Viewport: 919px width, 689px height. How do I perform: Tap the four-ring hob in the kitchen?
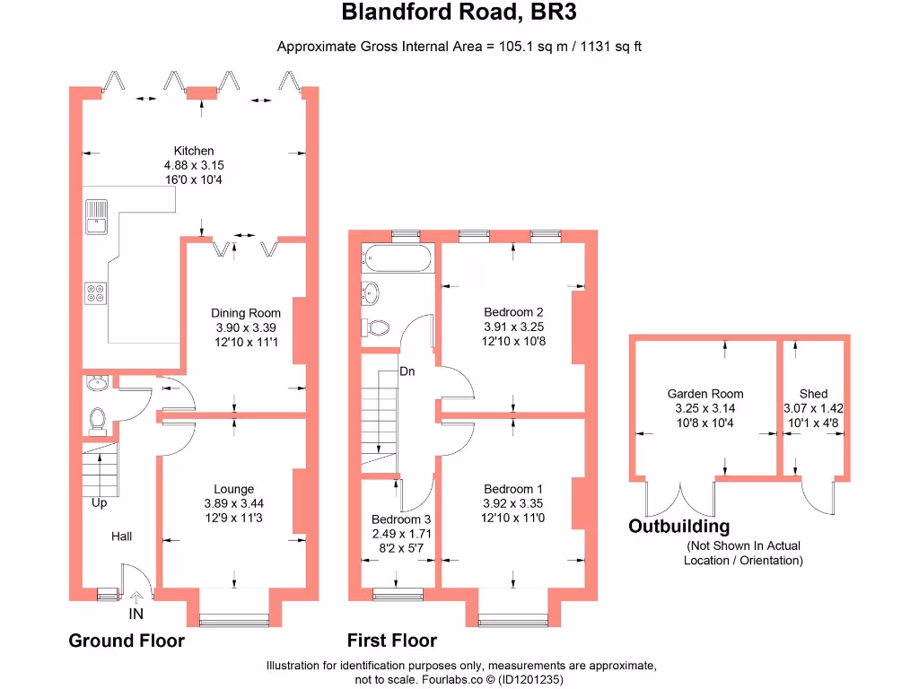[95, 292]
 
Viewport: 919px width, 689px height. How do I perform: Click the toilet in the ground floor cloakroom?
[99, 419]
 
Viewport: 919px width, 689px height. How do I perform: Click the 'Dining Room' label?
[246, 313]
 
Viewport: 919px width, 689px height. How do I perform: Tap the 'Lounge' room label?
[233, 490]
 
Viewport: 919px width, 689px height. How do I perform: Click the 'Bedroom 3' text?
[401, 519]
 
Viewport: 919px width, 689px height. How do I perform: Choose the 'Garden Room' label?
[705, 394]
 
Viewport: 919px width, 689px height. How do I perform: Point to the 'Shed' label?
[813, 394]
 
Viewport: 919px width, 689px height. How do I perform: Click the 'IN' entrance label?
[136, 615]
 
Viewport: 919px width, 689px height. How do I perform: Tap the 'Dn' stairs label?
[407, 371]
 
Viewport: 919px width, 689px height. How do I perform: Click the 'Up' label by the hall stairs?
[99, 503]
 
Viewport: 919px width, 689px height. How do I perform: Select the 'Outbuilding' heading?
[678, 527]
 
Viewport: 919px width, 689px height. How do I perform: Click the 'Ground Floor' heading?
[127, 641]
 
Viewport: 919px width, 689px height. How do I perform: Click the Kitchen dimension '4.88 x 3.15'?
[194, 165]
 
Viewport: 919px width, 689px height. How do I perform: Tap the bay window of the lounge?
[234, 619]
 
